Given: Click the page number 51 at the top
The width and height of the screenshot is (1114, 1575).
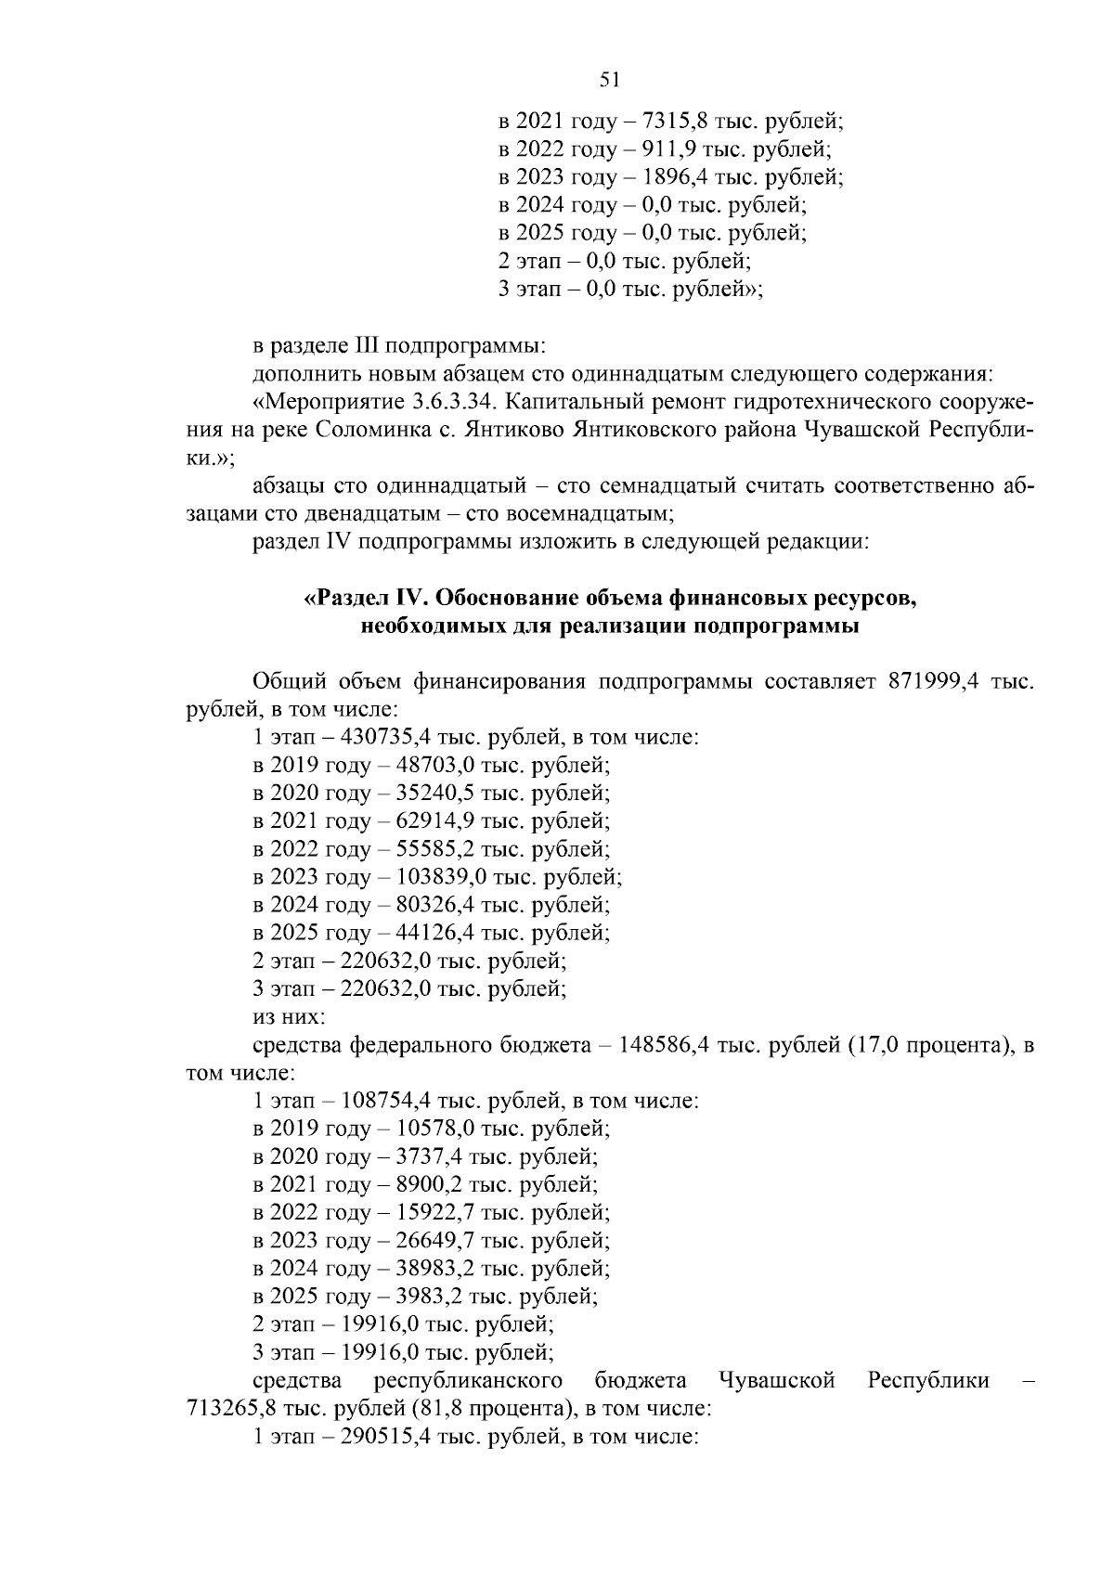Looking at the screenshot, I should coord(610,80).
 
